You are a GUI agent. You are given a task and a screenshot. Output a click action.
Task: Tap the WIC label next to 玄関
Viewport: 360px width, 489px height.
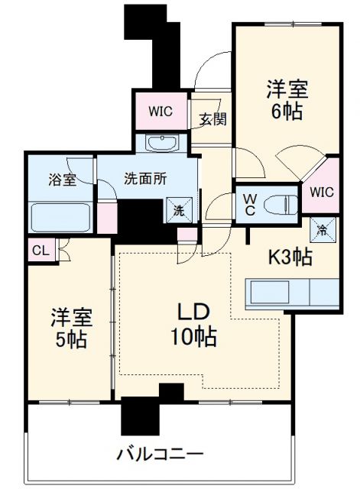pos(161,111)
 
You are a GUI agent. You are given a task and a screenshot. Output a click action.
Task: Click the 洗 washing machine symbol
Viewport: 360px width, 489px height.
pos(177,209)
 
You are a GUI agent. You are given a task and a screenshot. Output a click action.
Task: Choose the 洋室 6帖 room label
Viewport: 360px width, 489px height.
pos(287,99)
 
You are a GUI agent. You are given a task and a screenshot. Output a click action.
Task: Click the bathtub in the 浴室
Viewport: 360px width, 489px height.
pos(60,217)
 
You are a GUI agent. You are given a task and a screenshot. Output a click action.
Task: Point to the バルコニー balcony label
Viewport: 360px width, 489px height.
pos(160,454)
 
